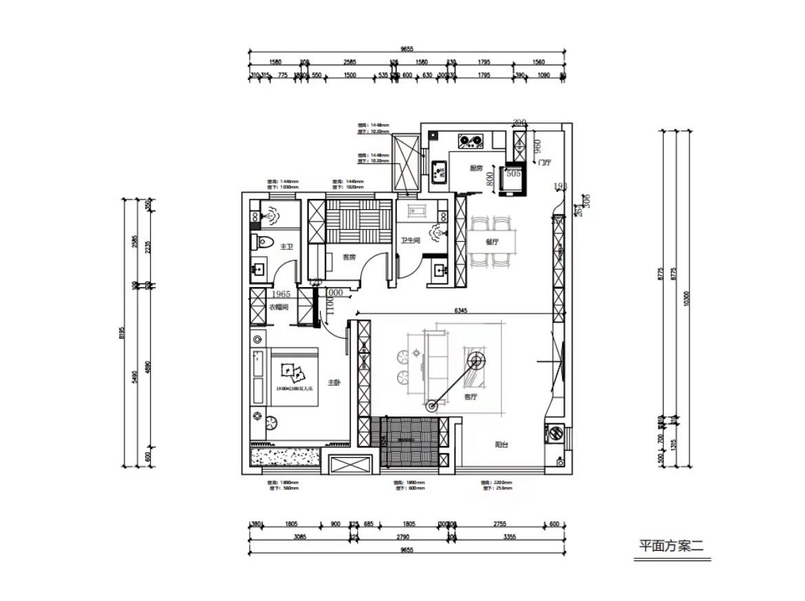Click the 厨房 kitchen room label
click(475, 168)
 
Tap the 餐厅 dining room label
click(491, 242)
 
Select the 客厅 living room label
click(471, 397)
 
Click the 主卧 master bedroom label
click(334, 382)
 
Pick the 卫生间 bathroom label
click(411, 241)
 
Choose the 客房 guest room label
click(350, 257)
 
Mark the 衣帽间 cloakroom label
click(277, 307)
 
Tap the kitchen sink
click(438, 169)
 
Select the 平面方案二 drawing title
click(671, 547)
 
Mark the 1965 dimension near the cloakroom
click(263, 294)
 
